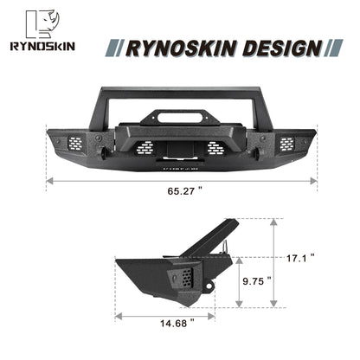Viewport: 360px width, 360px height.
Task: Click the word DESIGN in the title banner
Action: (274, 47)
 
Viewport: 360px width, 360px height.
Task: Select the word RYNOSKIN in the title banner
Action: (177, 47)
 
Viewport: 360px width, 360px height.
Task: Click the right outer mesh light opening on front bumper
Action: (286, 145)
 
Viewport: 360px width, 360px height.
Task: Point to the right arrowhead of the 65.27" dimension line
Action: (315, 182)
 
